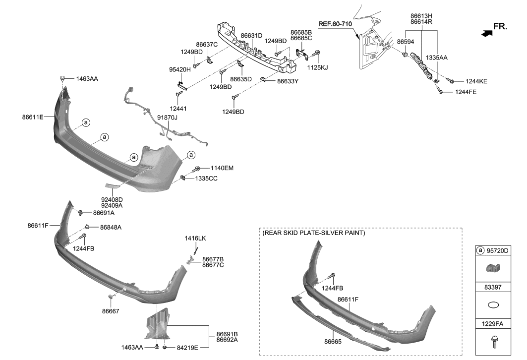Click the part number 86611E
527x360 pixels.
pyautogui.click(x=33, y=117)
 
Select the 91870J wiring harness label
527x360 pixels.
pyautogui.click(x=167, y=117)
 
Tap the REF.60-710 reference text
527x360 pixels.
pyautogui.click(x=335, y=24)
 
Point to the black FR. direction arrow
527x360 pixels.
pyautogui.click(x=487, y=33)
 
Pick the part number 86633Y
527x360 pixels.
pyautogui.click(x=288, y=80)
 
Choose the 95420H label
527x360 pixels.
pyautogui.click(x=179, y=70)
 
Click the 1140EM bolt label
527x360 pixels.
pyautogui.click(x=222, y=168)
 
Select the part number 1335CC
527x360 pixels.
pyautogui.click(x=220, y=178)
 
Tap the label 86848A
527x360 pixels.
pyautogui.click(x=111, y=227)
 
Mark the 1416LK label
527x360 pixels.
pyautogui.click(x=195, y=239)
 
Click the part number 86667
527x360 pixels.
pyautogui.click(x=111, y=310)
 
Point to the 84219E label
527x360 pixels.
pyautogui.click(x=187, y=348)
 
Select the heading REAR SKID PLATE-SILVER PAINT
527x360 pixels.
pyautogui.click(x=314, y=233)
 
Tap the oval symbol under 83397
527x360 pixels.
pyautogui.click(x=493, y=305)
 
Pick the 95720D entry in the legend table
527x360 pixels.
pyautogui.click(x=497, y=251)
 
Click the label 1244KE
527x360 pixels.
pyautogui.click(x=475, y=81)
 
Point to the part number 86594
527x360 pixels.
pyautogui.click(x=405, y=42)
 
